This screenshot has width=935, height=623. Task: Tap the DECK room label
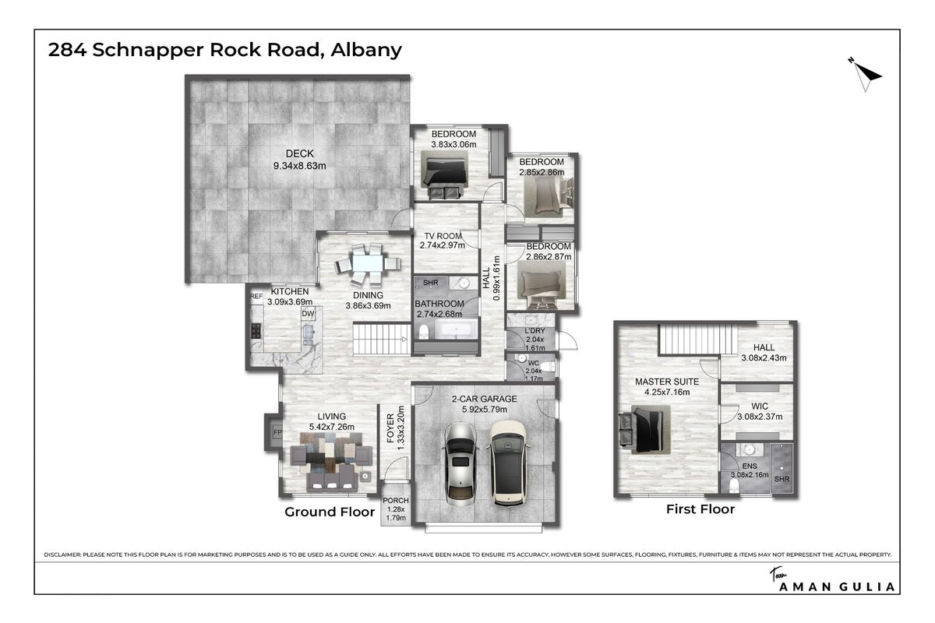pyautogui.click(x=300, y=153)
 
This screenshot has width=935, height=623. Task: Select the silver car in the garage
pyautogui.click(x=460, y=464)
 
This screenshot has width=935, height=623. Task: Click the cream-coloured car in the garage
pyautogui.click(x=508, y=463)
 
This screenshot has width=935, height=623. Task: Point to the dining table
pyautogui.click(x=368, y=264)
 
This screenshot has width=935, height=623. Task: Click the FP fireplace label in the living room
pyautogui.click(x=277, y=432)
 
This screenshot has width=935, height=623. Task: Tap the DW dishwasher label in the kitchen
pyautogui.click(x=308, y=314)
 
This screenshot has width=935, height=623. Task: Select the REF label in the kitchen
pyautogui.click(x=256, y=296)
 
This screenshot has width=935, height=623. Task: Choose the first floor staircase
pyautogui.click(x=698, y=340)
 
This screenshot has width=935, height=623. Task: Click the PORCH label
pyautogui.click(x=396, y=500)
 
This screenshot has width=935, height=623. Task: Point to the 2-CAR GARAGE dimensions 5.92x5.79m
pyautogui.click(x=485, y=410)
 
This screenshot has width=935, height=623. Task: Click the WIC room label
pyautogui.click(x=760, y=406)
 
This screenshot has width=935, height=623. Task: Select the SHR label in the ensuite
pyautogui.click(x=782, y=479)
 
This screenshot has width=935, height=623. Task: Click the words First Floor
pyautogui.click(x=700, y=509)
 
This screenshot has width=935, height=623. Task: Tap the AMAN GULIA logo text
pyautogui.click(x=837, y=586)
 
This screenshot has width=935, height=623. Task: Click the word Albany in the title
pyautogui.click(x=366, y=50)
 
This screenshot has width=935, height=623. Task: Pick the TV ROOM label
pyautogui.click(x=443, y=236)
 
